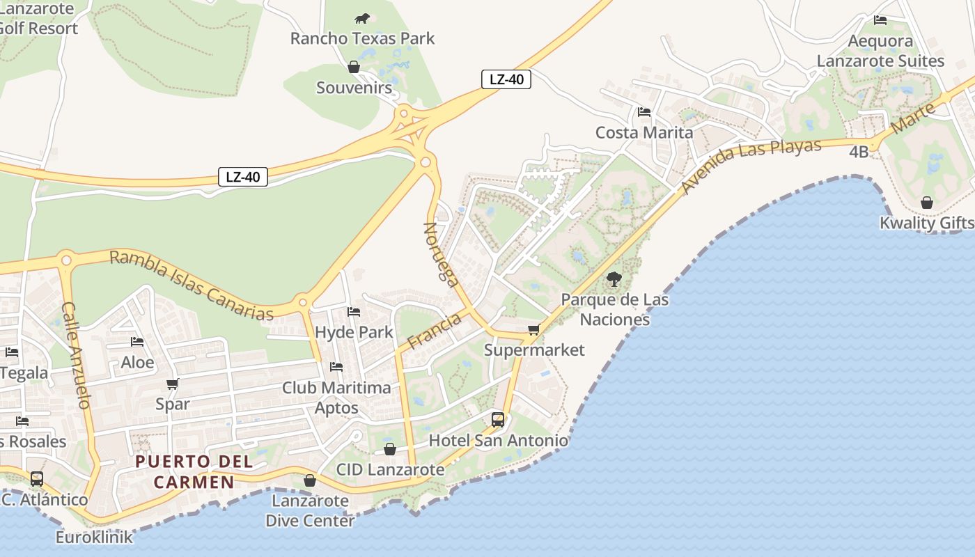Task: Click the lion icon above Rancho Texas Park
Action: tap(362, 19)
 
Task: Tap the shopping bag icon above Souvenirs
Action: tap(354, 67)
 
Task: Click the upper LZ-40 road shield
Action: tap(506, 79)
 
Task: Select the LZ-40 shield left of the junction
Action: tap(243, 177)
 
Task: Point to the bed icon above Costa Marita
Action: tap(643, 111)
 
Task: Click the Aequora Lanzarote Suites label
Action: tap(880, 52)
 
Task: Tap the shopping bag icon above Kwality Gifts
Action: tap(927, 203)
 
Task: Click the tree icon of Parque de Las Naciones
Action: tap(614, 279)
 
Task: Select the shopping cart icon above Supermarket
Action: tap(534, 329)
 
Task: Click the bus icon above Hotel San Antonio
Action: tap(498, 419)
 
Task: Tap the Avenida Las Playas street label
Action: tap(752, 165)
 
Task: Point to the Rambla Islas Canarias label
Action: tap(192, 285)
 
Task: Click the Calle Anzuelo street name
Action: tap(77, 355)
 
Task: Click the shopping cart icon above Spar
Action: tap(173, 384)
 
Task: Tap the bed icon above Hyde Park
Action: tap(354, 312)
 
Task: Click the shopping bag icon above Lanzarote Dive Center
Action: tap(310, 480)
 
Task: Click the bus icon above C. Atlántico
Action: tap(37, 479)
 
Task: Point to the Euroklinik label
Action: tap(94, 538)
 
